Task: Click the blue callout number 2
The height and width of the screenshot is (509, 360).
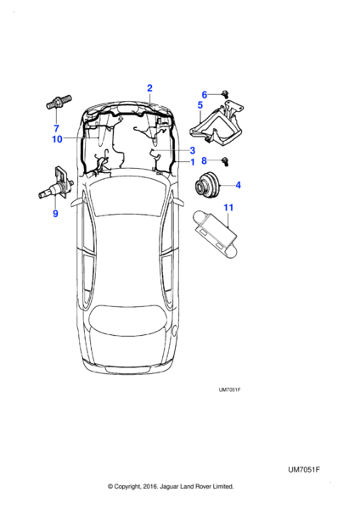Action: tap(149, 88)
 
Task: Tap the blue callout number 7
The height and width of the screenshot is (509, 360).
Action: tap(56, 128)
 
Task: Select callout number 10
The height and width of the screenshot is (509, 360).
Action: tap(57, 139)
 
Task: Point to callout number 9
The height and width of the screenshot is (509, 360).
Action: tap(55, 214)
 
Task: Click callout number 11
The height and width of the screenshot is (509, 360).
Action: tap(228, 207)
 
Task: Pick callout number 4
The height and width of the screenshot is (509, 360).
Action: tap(238, 185)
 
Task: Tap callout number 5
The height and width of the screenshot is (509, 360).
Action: tap(200, 105)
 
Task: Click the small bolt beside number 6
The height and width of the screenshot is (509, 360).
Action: tap(224, 94)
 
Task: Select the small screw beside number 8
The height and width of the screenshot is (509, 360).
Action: tap(225, 161)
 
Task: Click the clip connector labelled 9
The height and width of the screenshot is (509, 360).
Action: tap(57, 187)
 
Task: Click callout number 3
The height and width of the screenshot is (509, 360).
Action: tap(193, 150)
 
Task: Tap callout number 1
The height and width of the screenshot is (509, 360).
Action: tap(193, 162)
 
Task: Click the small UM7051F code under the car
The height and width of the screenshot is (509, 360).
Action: tap(229, 389)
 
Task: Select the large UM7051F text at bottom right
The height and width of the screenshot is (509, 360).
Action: tap(304, 470)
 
